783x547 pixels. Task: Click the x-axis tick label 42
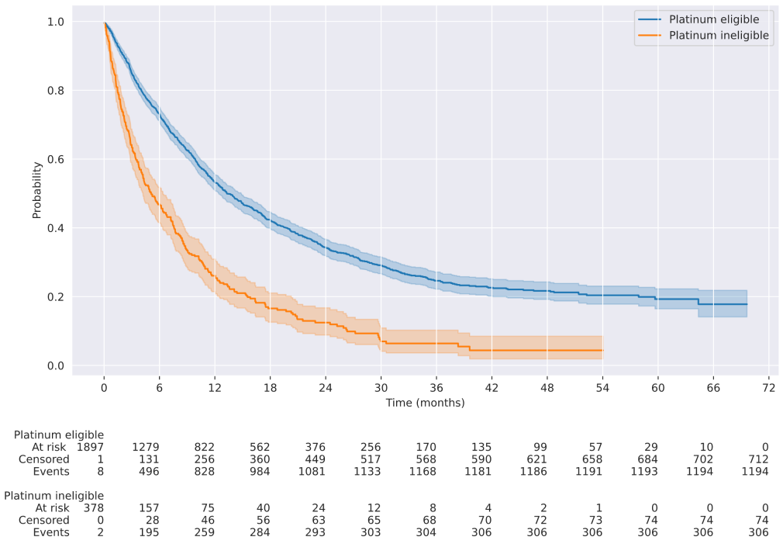492,388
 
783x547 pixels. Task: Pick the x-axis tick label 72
768,388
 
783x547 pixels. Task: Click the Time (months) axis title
425,403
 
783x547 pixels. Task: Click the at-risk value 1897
90,447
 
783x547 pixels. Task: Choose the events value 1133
370,472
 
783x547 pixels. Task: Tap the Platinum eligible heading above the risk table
59,434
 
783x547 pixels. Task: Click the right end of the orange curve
602,351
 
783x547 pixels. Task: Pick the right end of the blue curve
747,304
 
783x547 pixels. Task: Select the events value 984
260,472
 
